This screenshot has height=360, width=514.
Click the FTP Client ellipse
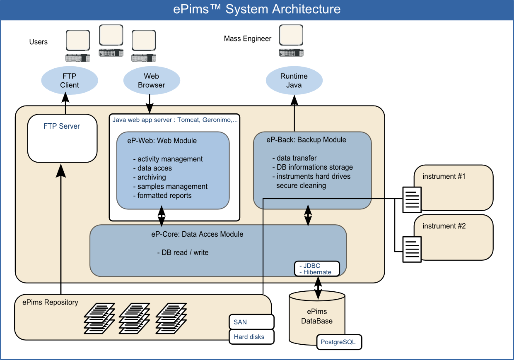click(70, 81)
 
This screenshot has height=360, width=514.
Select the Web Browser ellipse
click(152, 81)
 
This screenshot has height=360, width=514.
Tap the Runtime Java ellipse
click(294, 81)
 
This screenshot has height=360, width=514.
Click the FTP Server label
click(62, 126)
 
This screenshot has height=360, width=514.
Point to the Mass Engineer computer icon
click(291, 41)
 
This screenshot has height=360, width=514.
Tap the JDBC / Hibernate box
click(317, 269)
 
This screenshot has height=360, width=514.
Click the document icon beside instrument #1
click(413, 199)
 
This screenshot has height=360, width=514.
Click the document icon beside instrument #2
click(413, 249)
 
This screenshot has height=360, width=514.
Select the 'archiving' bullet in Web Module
click(152, 177)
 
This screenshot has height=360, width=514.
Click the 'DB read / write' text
click(183, 252)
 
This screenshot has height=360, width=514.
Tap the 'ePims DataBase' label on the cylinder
click(317, 316)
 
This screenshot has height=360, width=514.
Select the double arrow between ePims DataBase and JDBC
click(318, 287)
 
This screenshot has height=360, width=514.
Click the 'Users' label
click(39, 42)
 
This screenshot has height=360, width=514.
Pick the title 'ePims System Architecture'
click(257, 9)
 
